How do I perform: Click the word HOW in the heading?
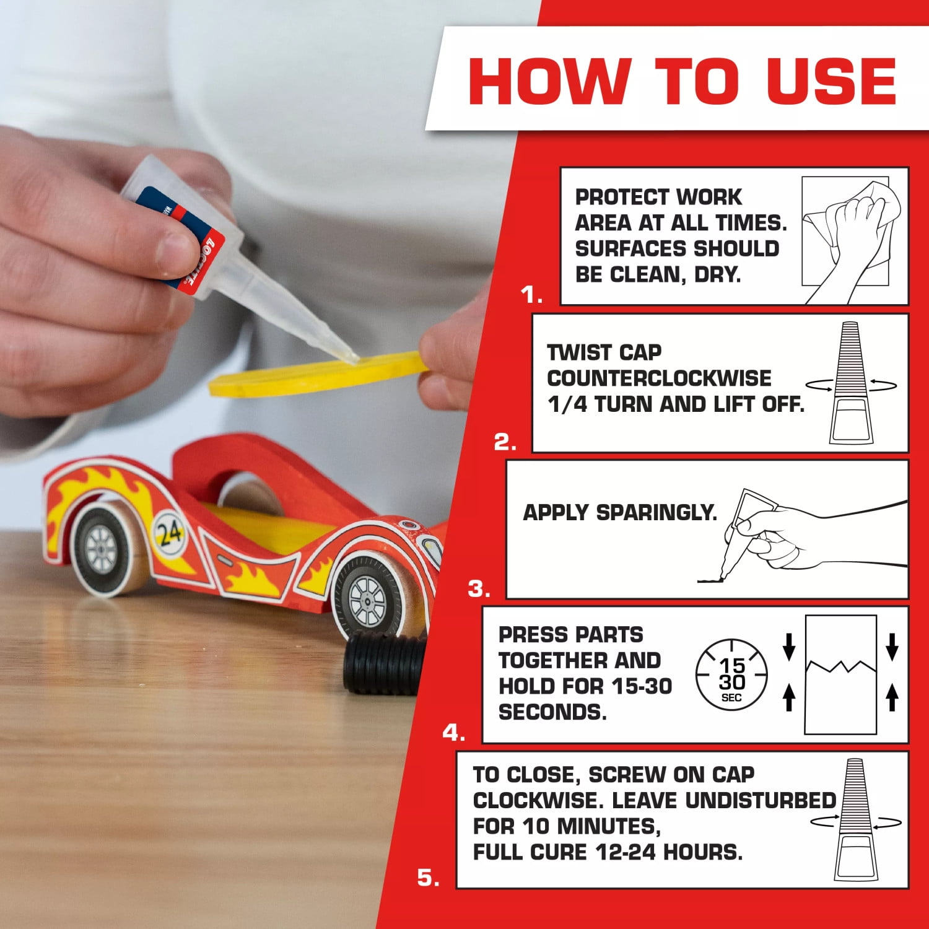coord(549,81)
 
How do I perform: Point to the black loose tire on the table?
coord(384,663)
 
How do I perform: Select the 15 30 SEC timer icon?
coord(731,675)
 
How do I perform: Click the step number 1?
coord(531,295)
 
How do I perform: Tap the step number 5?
coord(429,878)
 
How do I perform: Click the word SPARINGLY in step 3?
coord(656,513)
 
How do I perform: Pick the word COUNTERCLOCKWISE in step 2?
coord(659,378)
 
